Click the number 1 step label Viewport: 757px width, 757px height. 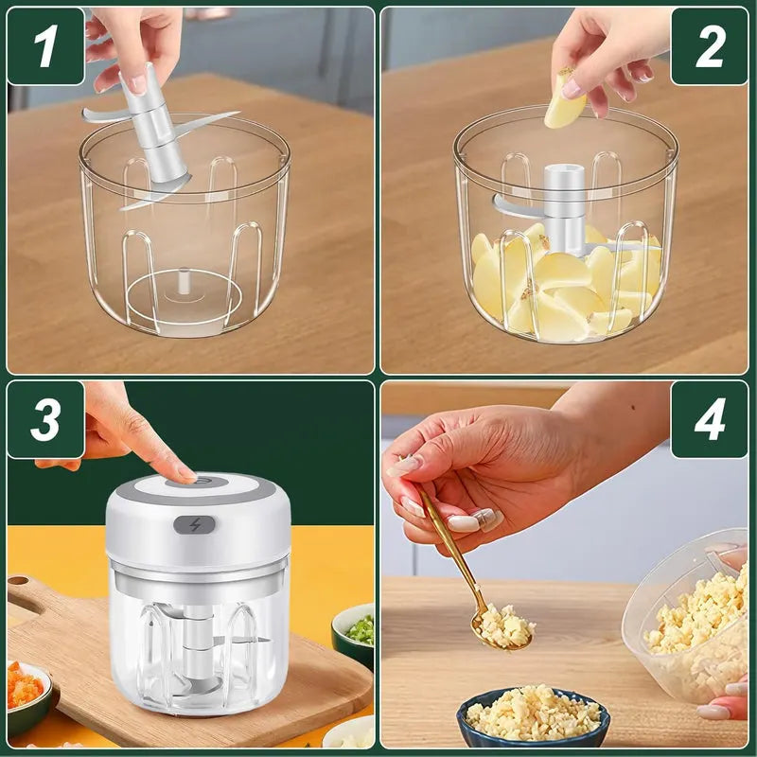point(45,46)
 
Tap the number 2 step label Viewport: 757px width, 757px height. point(710,46)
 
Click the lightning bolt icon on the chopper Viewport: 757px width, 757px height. point(195,524)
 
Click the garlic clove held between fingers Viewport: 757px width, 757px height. point(564,100)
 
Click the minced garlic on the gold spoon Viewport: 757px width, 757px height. point(505,625)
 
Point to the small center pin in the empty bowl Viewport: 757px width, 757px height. point(183,280)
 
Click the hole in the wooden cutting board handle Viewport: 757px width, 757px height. point(26,595)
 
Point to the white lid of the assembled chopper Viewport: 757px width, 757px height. point(198,519)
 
